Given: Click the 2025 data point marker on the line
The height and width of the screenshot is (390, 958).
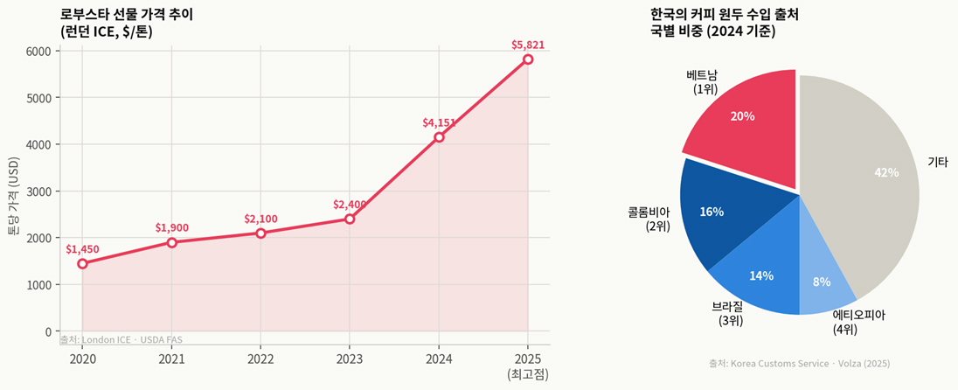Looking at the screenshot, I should click(x=528, y=59).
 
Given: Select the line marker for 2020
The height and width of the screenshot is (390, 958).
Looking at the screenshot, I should click(x=82, y=263).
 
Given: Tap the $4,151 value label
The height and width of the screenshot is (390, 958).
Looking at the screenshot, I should click(x=439, y=123).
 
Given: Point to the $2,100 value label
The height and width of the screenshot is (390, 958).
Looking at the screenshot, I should click(x=260, y=219).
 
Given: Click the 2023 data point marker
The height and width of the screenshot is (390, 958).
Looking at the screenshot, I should click(x=350, y=219).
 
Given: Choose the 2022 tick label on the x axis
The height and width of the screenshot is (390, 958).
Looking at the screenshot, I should click(x=260, y=359).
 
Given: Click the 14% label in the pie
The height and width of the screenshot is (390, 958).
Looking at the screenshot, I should click(x=761, y=276).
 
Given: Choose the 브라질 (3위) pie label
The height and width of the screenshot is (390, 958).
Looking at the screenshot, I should click(x=729, y=314).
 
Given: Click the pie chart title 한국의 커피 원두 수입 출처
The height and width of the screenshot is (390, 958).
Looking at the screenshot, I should click(x=725, y=15).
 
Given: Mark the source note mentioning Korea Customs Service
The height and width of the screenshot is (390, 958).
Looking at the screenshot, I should click(x=799, y=363).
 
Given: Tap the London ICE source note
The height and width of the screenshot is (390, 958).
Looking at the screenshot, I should click(x=121, y=339).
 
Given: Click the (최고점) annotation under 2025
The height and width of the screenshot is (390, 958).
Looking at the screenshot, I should click(x=528, y=374).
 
